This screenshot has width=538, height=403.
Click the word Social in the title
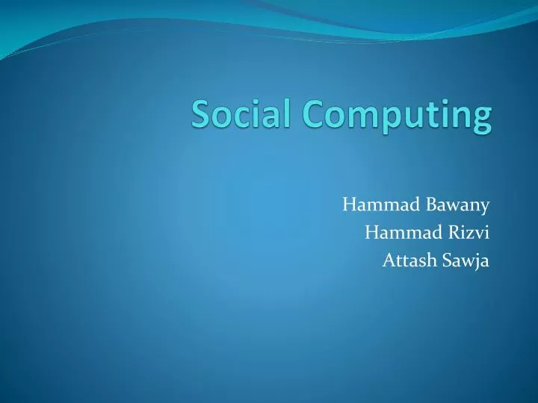[x=241, y=114]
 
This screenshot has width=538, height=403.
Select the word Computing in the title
[x=397, y=116]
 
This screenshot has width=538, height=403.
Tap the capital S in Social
[x=201, y=114]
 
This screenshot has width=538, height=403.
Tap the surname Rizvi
[x=471, y=232]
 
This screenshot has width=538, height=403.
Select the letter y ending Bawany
[x=486, y=207]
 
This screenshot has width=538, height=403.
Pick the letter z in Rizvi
[x=471, y=234]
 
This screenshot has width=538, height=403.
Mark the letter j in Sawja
[x=478, y=262]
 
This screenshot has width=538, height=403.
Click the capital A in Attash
[x=388, y=260]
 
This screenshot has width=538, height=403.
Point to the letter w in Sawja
[x=467, y=263]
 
